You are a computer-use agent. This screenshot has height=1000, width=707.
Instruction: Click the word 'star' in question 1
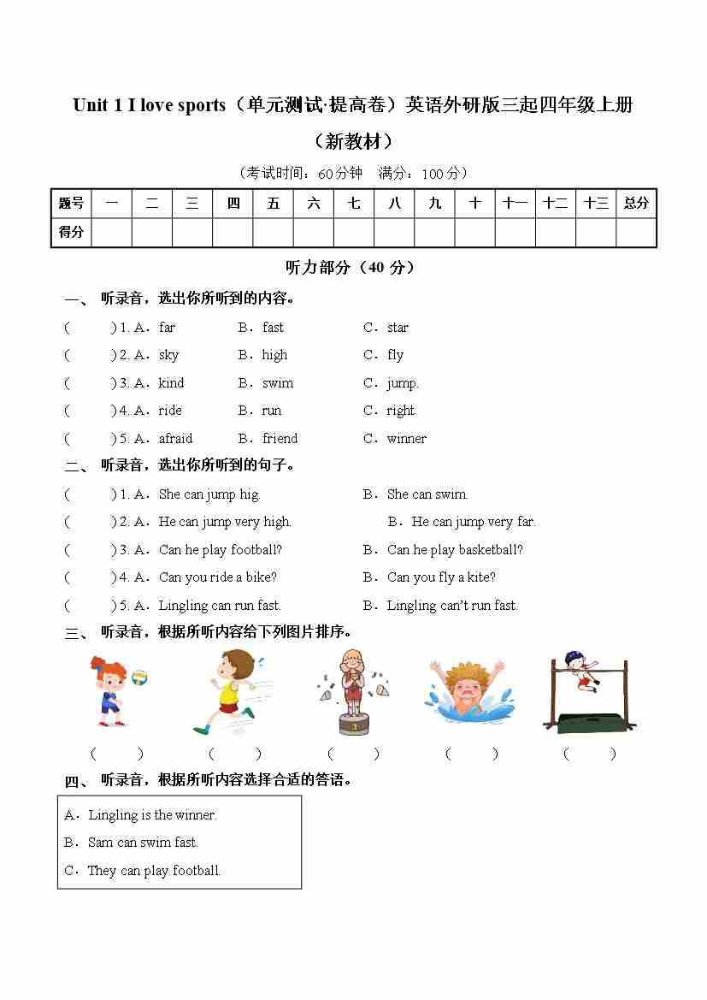click(x=398, y=328)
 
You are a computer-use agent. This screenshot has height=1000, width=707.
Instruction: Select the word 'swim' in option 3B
click(x=278, y=383)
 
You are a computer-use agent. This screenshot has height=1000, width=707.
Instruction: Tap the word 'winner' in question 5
click(x=406, y=439)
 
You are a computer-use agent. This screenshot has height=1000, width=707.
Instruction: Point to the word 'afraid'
click(x=175, y=439)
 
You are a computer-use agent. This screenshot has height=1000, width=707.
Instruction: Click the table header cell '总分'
click(x=636, y=204)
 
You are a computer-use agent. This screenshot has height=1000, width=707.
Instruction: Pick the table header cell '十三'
click(x=596, y=204)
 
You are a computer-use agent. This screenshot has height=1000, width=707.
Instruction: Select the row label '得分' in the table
click(x=71, y=232)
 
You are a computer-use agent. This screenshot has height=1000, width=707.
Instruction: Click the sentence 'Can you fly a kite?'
click(x=441, y=577)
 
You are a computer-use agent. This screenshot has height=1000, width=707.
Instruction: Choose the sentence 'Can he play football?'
click(x=220, y=550)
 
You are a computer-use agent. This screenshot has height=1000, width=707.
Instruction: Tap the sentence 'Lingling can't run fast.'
click(x=452, y=606)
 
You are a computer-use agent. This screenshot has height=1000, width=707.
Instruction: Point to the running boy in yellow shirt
click(x=229, y=691)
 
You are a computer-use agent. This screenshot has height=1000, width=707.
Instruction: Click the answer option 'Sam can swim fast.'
click(x=143, y=843)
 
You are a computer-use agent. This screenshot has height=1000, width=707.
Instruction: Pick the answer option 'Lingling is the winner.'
click(x=152, y=815)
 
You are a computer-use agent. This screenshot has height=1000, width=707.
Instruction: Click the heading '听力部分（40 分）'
click(x=350, y=268)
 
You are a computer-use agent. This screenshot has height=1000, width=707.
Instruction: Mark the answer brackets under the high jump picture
click(x=588, y=754)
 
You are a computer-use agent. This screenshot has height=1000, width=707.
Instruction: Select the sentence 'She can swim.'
click(x=427, y=494)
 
